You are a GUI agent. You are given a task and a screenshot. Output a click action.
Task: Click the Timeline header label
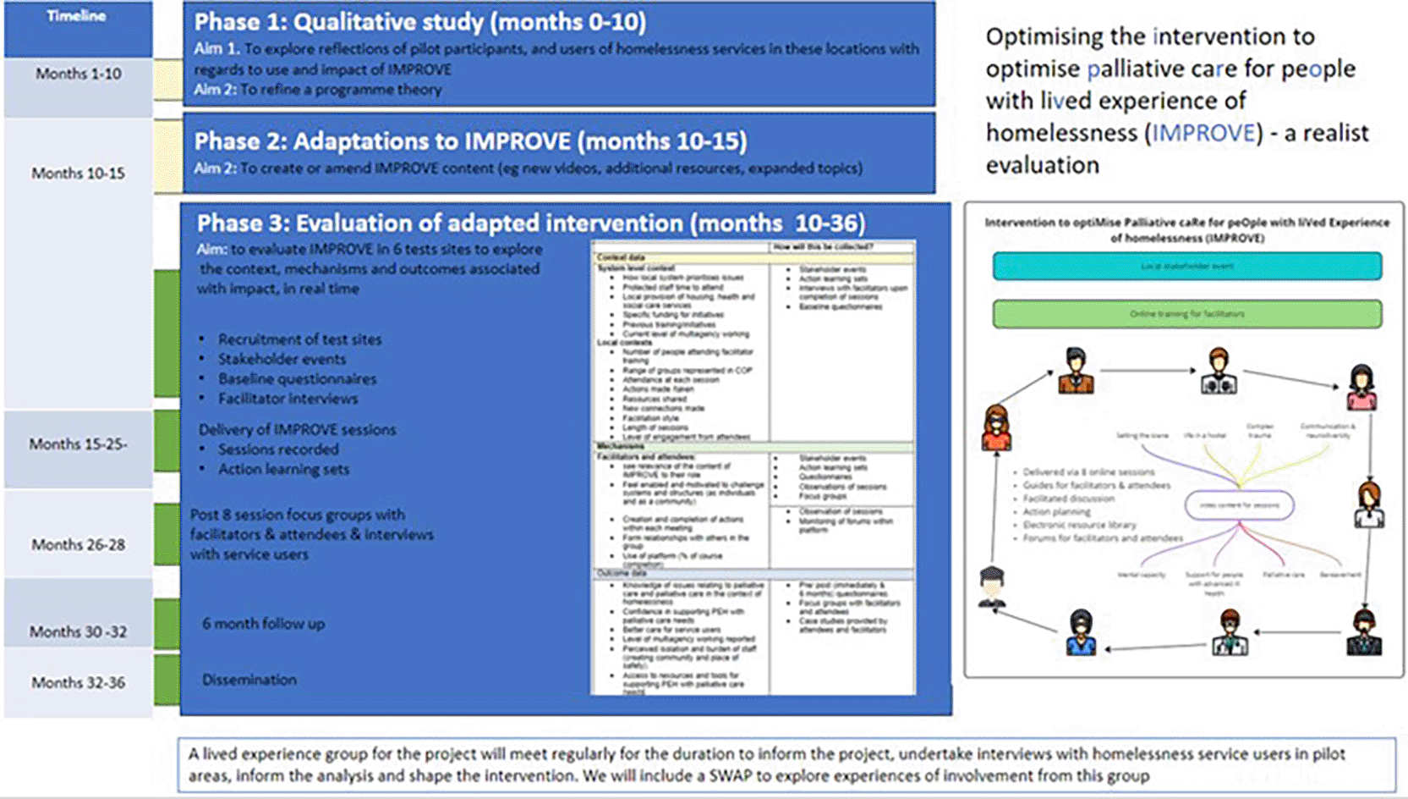pyautogui.click(x=76, y=16)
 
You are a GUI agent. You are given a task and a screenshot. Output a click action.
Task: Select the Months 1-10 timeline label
pyautogui.click(x=78, y=74)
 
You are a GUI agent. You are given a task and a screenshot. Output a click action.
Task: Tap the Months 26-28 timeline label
pyautogui.click(x=78, y=544)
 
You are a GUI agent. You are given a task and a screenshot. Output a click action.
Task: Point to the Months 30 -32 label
pyautogui.click(x=78, y=631)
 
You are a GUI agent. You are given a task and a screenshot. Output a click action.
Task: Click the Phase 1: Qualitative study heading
pyautogui.click(x=419, y=22)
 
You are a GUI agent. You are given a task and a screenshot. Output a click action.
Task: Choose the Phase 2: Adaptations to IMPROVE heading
pyautogui.click(x=470, y=141)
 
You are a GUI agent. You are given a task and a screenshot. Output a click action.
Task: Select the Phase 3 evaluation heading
pyautogui.click(x=530, y=223)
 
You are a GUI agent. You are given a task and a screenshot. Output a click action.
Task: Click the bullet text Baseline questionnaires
pyautogui.click(x=297, y=378)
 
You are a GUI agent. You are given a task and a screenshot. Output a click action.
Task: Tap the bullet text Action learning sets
pyautogui.click(x=283, y=469)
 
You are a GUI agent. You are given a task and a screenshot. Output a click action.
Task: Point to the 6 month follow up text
pyautogui.click(x=263, y=624)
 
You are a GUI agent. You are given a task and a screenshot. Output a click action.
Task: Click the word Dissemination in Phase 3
pyautogui.click(x=249, y=680)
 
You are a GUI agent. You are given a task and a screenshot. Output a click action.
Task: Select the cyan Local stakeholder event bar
pyautogui.click(x=1186, y=266)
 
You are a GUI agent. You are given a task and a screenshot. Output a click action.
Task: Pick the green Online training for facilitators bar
pyautogui.click(x=1186, y=314)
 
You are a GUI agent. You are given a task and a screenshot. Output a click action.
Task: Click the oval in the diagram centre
pyautogui.click(x=1239, y=505)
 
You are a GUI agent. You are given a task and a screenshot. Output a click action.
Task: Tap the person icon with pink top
pyautogui.click(x=1361, y=387)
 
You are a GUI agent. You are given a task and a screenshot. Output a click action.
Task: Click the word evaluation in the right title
pyautogui.click(x=1042, y=165)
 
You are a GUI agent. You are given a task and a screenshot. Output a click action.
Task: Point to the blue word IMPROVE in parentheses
pyautogui.click(x=1203, y=133)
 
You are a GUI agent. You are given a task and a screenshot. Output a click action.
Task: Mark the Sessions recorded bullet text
pyautogui.click(x=278, y=449)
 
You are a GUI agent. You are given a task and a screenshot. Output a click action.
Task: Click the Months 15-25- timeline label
pyautogui.click(x=78, y=444)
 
